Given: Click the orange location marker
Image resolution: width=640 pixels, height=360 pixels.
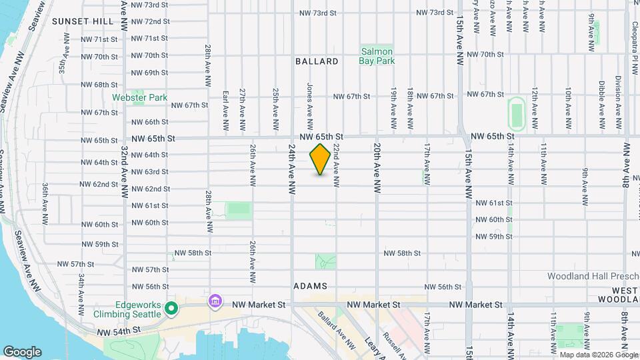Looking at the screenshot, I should (x=321, y=159).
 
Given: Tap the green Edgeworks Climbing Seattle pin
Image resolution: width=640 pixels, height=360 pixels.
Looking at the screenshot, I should (x=171, y=308).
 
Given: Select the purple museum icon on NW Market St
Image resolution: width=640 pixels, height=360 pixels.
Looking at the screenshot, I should (x=215, y=302).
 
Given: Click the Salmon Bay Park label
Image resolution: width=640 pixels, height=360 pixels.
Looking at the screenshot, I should (x=377, y=56).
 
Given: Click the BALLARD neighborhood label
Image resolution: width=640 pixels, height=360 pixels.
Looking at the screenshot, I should (x=317, y=61).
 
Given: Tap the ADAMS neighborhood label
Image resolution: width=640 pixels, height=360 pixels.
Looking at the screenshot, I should (x=309, y=286).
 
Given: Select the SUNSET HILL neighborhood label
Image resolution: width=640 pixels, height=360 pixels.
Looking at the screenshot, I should (x=83, y=21).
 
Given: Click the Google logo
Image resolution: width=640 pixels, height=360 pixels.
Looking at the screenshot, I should (x=22, y=352).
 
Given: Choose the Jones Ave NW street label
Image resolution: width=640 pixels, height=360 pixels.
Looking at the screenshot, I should (x=310, y=107).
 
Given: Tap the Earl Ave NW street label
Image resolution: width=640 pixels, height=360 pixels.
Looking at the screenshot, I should (x=226, y=110).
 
